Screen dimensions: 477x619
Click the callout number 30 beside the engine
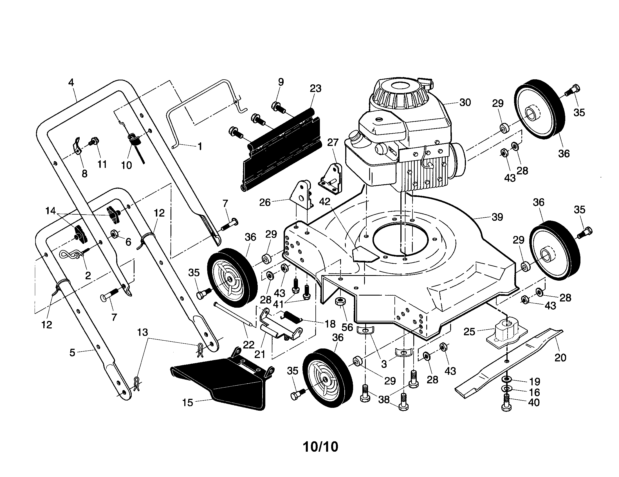(465, 102)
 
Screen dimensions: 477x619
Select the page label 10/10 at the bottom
(320, 447)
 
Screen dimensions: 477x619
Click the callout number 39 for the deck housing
(497, 217)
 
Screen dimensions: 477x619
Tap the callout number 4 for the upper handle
(71, 82)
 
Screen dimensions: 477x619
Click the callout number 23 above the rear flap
(315, 89)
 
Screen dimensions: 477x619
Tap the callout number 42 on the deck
(325, 201)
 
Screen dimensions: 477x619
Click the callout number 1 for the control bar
(200, 146)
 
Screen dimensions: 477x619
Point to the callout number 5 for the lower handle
(73, 353)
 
